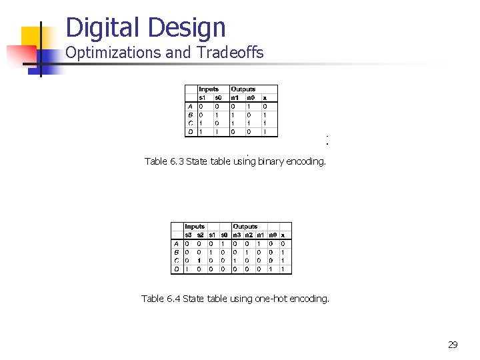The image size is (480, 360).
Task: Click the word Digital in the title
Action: pos(101,28)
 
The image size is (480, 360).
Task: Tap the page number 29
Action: pos(453,345)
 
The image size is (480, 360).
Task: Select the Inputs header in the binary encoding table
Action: pos(209,89)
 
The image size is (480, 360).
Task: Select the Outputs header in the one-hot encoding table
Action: pos(245,227)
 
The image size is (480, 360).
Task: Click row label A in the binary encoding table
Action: pos(191,106)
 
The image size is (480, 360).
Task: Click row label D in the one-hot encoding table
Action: pos(176,269)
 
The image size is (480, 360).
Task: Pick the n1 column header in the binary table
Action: pos(235,98)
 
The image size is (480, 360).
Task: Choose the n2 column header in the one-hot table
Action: pos(248,235)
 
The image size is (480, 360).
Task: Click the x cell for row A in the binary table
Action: pos(265,106)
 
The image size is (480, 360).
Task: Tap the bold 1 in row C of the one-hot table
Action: pos(200,261)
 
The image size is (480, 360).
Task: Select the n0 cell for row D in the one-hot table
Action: pos(271,269)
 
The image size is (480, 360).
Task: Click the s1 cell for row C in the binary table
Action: pos(201,123)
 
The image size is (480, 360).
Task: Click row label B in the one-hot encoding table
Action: pos(176,252)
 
